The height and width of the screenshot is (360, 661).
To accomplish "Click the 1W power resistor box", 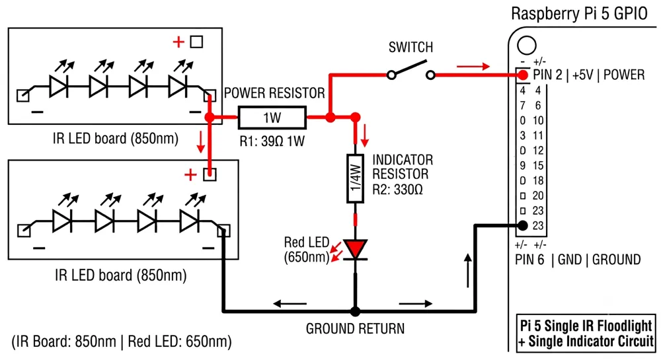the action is pyautogui.click(x=272, y=118).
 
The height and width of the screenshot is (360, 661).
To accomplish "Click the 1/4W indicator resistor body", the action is pyautogui.click(x=356, y=178).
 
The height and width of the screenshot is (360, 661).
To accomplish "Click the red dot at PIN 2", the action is pyautogui.click(x=523, y=75).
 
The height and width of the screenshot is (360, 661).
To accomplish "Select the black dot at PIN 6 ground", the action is pyautogui.click(x=522, y=225).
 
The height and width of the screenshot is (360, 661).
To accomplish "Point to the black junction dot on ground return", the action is pyautogui.click(x=356, y=312).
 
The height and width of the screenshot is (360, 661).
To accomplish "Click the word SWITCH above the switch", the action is pyautogui.click(x=410, y=47).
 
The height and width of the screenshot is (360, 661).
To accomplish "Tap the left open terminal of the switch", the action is pyautogui.click(x=391, y=75).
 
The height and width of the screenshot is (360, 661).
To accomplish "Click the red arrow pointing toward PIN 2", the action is pyautogui.click(x=473, y=66).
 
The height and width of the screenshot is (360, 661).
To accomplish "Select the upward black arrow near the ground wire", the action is pyautogui.click(x=468, y=271).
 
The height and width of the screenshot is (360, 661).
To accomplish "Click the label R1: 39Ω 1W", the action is pyautogui.click(x=272, y=141).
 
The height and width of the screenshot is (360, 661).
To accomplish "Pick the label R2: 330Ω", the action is pyautogui.click(x=397, y=190).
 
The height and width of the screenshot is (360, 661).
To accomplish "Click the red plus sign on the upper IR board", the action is pyautogui.click(x=178, y=42).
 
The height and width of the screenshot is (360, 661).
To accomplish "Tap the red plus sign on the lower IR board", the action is pyautogui.click(x=190, y=175).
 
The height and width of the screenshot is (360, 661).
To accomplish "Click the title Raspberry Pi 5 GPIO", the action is pyautogui.click(x=579, y=13).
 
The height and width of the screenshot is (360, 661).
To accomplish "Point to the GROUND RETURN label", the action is pyautogui.click(x=355, y=328).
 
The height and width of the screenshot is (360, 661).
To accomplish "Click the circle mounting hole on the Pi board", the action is pyautogui.click(x=527, y=46).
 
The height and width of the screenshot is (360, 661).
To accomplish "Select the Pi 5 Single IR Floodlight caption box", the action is pyautogui.click(x=586, y=333).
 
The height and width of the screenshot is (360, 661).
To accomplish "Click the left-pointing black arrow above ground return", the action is pyautogui.click(x=290, y=303).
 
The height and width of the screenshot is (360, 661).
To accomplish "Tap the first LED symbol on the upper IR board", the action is pyautogui.click(x=59, y=87).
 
